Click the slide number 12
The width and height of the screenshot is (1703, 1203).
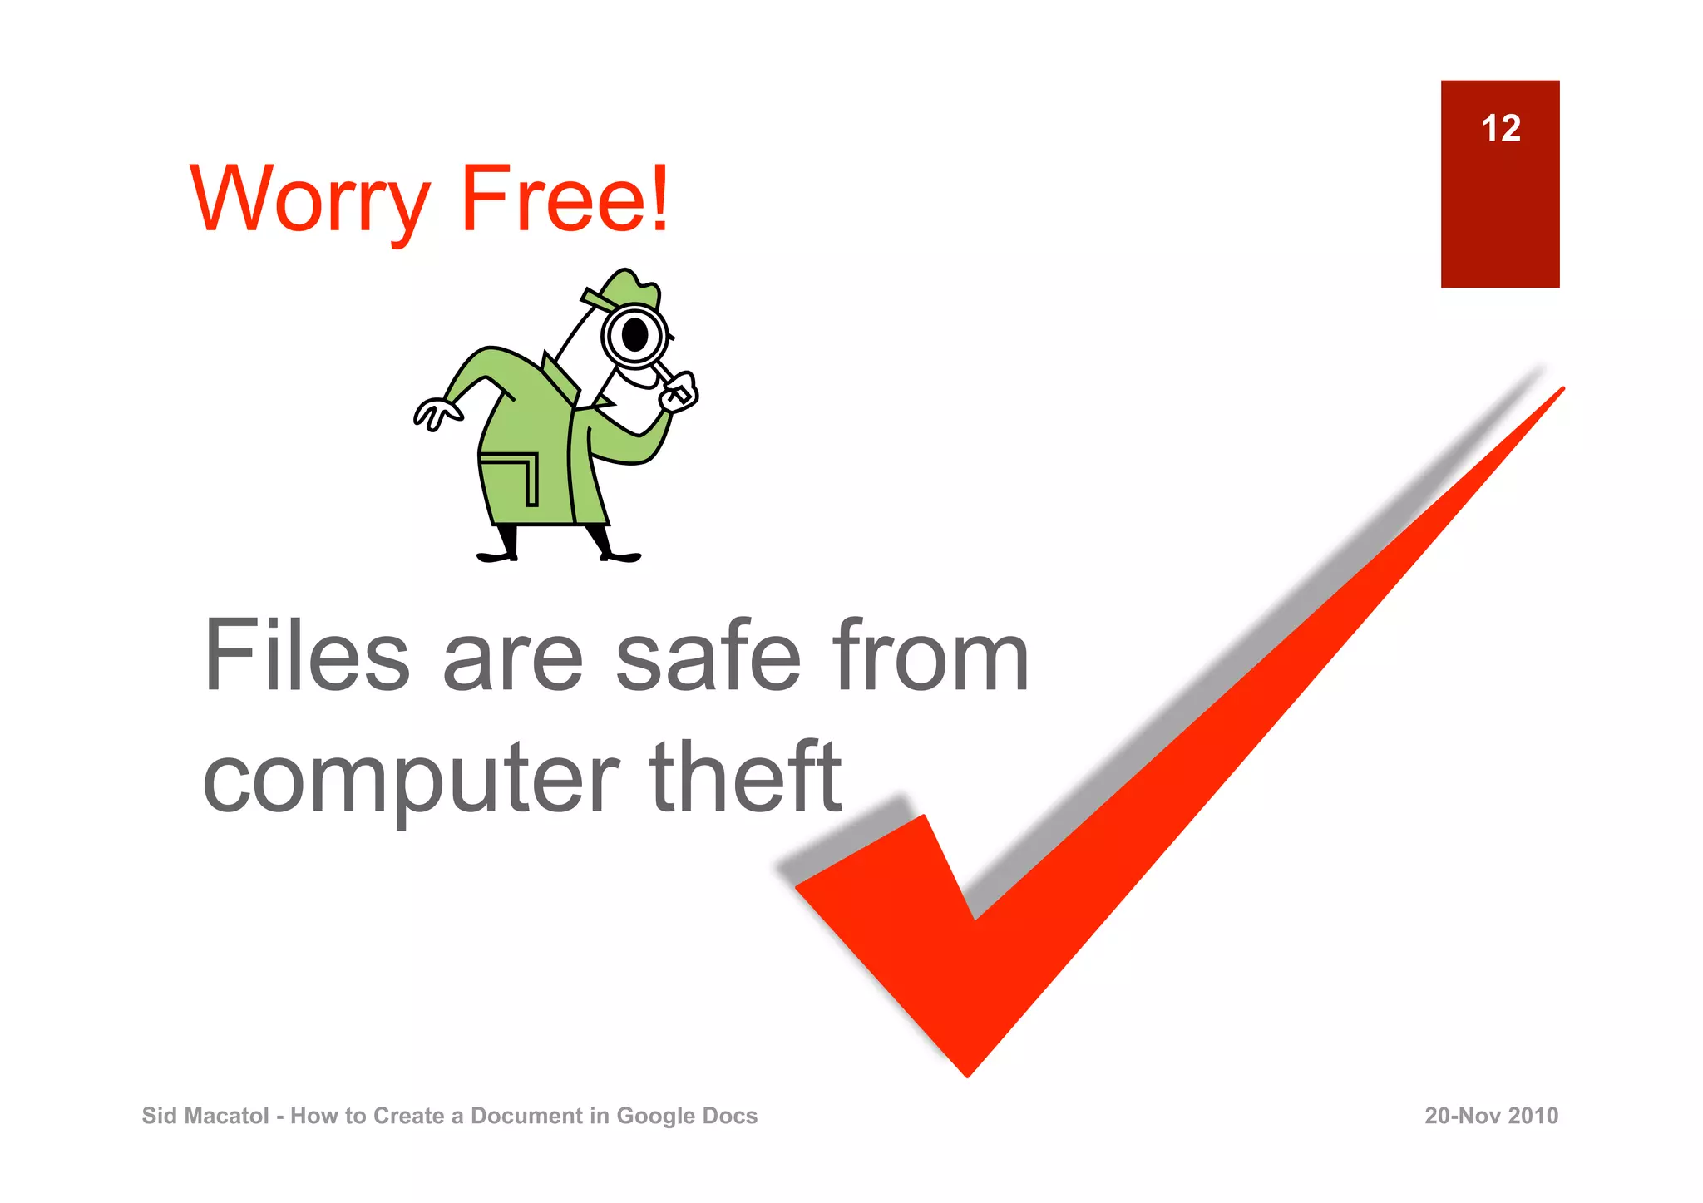pos(1500,129)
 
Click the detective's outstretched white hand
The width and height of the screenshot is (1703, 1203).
pos(435,412)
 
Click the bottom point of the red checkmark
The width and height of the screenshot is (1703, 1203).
pos(968,1073)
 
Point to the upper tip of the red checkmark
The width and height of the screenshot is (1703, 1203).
pos(1560,391)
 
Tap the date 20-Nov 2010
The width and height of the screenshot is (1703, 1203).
pos(1491,1116)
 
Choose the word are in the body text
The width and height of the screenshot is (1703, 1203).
pos(513,657)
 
